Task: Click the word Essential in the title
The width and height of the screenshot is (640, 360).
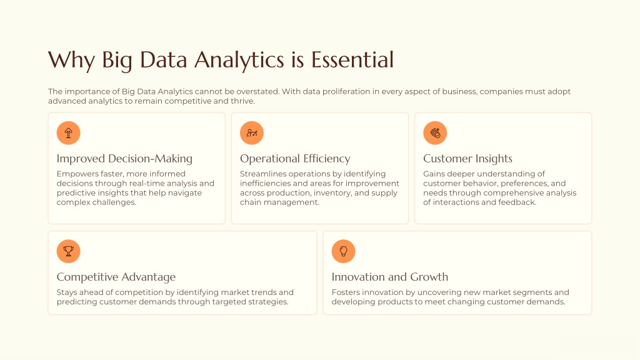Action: (x=352, y=59)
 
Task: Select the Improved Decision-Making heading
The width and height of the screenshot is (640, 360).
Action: (x=124, y=159)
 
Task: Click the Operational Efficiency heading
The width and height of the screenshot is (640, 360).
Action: (x=295, y=159)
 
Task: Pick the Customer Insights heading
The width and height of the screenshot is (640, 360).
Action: (x=467, y=159)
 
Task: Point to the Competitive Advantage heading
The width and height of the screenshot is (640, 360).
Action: (x=116, y=277)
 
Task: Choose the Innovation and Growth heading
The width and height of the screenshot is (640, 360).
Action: (x=390, y=277)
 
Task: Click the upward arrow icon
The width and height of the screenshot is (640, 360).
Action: (x=69, y=133)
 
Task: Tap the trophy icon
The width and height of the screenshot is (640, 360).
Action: (x=69, y=251)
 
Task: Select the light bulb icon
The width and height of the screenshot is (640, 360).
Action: (x=343, y=251)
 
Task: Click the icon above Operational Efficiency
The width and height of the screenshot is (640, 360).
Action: (x=252, y=133)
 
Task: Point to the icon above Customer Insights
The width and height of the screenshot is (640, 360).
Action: (x=435, y=133)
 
